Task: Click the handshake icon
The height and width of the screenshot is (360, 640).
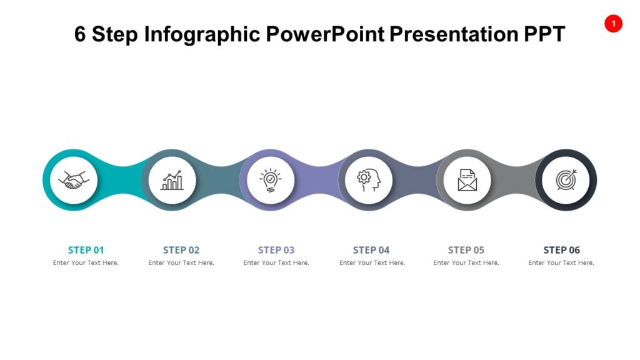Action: click(74, 181)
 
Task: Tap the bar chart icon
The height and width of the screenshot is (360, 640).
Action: click(172, 181)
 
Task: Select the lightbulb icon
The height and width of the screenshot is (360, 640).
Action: click(270, 181)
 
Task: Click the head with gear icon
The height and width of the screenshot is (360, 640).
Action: click(368, 181)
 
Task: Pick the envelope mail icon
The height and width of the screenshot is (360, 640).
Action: click(467, 181)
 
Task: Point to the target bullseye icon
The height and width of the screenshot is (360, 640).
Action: click(566, 181)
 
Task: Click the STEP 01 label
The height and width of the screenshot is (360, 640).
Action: click(86, 250)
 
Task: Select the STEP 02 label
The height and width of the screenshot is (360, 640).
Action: click(181, 250)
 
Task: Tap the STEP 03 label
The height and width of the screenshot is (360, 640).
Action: click(276, 250)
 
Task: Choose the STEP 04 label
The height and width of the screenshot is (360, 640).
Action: click(371, 250)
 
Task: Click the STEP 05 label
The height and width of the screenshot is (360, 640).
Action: click(466, 250)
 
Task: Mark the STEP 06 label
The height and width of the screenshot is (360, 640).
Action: click(561, 250)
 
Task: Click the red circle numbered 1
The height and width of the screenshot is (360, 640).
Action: click(613, 24)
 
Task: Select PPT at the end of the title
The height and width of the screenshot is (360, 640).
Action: click(543, 34)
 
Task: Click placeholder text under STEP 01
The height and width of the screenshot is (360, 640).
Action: click(86, 263)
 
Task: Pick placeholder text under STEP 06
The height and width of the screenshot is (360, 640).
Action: click(561, 263)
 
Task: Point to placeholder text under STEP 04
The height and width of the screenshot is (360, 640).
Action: click(372, 263)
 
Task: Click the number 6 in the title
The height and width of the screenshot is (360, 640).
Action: click(80, 34)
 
